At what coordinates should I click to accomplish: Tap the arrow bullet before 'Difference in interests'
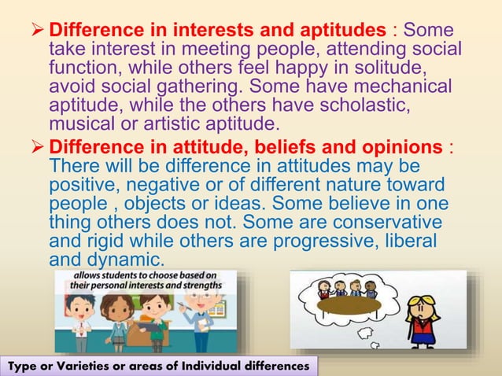pos(39,31)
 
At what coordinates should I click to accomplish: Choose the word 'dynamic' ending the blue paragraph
pos(125,260)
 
